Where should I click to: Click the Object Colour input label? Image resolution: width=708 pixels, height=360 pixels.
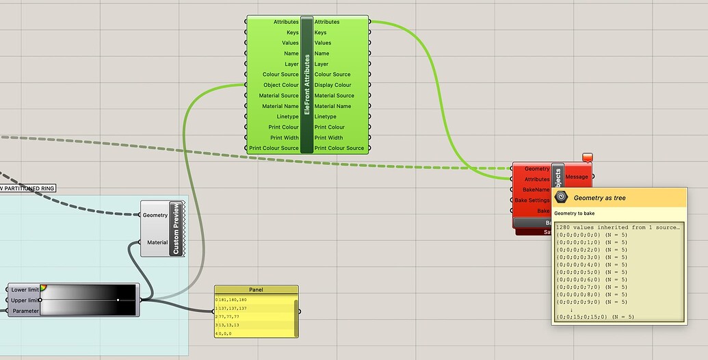[x=280, y=85]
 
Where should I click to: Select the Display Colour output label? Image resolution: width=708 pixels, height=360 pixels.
[x=332, y=85]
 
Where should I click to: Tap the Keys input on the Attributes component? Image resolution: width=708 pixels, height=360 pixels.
[x=291, y=32]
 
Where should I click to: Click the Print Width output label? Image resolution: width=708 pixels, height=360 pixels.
[x=329, y=138]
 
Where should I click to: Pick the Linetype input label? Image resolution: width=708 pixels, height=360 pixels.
[x=287, y=116]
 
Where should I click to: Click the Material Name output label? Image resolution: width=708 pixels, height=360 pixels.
[x=332, y=106]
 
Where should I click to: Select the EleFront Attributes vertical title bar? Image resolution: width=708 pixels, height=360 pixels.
[x=306, y=85]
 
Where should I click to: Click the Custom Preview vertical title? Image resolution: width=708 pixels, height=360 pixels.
[x=176, y=229]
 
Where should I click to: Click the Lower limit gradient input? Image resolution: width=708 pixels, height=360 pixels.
[x=25, y=290]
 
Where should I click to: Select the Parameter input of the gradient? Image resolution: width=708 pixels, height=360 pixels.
[x=25, y=311]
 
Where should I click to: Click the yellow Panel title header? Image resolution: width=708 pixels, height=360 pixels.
[x=257, y=290]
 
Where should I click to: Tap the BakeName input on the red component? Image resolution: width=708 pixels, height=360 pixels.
[x=536, y=190]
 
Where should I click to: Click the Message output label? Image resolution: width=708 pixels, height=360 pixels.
[x=577, y=177]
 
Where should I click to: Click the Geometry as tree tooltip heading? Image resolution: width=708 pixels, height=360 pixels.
[x=599, y=198]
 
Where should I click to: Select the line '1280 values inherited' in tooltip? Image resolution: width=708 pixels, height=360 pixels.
[x=618, y=227]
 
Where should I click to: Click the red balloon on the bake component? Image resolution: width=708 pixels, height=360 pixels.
[x=587, y=157]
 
